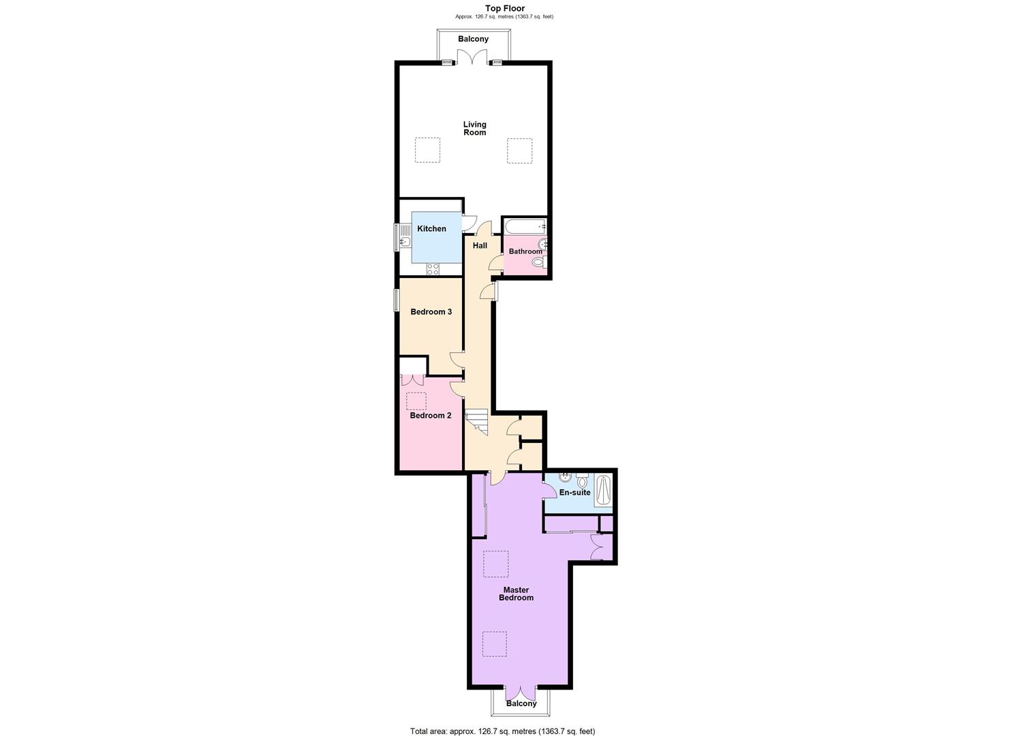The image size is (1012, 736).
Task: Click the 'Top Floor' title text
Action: [x=505, y=8]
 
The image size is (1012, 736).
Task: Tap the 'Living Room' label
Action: [x=475, y=128]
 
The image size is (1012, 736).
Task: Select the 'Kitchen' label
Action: [x=431, y=229]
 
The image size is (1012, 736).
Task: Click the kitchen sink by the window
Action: [x=405, y=239]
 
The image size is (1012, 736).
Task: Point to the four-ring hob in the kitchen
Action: [x=433, y=269]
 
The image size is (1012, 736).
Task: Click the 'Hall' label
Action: [x=480, y=245]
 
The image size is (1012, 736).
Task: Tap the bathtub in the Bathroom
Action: [x=525, y=226]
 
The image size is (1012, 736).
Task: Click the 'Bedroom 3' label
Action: [x=431, y=312]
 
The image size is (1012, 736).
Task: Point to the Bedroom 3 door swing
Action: [x=457, y=361]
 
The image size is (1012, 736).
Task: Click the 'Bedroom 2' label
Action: [x=430, y=416]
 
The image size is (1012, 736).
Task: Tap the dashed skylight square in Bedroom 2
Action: [x=416, y=401]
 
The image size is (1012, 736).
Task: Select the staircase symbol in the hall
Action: [x=476, y=421]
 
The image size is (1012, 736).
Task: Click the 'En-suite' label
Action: [x=574, y=493]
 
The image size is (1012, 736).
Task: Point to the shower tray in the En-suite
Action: [x=603, y=491]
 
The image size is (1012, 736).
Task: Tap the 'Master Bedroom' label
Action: [x=516, y=594]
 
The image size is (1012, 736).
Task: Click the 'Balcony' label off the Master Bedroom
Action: [x=521, y=703]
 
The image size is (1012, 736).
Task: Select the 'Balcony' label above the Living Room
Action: [x=473, y=39]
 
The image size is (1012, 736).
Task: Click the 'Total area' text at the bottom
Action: [x=502, y=731]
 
